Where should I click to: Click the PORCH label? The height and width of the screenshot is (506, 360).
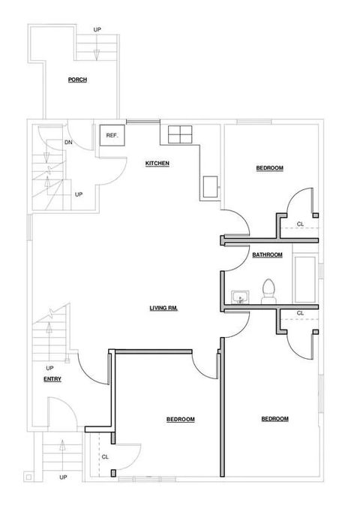point(77,80)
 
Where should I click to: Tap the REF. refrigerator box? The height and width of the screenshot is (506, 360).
point(112,135)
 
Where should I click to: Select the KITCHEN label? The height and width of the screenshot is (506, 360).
point(157,164)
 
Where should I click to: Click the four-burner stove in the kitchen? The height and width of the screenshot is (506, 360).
point(180,134)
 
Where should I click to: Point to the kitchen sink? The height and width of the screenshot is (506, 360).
point(210,186)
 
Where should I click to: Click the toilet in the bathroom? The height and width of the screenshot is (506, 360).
point(268,291)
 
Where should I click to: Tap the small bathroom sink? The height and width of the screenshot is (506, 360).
point(240,297)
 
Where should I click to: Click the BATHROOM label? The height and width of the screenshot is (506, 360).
point(267,255)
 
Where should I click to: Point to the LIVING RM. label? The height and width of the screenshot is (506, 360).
point(163,309)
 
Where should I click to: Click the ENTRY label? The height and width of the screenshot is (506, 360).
point(52,379)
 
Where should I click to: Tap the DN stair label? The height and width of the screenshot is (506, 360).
point(68,142)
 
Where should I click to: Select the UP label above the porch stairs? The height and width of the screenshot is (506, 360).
point(97,29)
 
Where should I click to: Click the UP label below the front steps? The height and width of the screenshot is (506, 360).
point(63,477)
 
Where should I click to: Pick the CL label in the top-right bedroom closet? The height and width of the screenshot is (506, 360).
point(300,224)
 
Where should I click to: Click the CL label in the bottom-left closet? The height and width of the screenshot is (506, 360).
point(105,457)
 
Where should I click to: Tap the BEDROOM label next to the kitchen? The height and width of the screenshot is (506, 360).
point(270,168)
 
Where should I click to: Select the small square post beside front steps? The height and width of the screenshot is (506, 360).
point(28,477)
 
